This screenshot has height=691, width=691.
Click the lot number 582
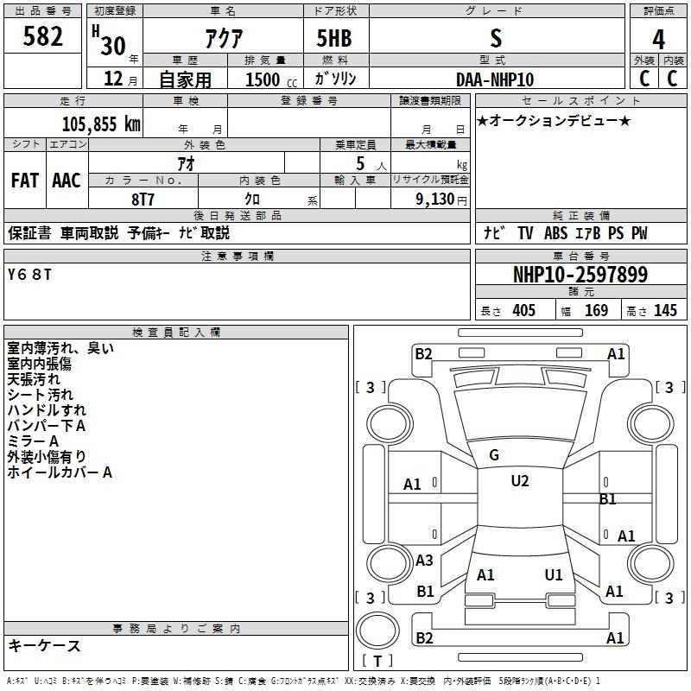pos(42,36)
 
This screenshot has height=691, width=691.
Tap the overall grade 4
pos(658,40)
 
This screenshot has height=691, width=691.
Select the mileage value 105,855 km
pos(101,124)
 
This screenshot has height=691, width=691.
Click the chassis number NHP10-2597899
pos(580,275)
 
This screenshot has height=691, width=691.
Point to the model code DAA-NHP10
pos(495,79)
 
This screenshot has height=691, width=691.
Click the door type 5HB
pos(334,38)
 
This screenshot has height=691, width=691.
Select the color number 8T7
pos(143,200)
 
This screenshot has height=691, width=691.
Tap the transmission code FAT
pos(25,181)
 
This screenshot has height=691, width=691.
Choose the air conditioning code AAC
pos(67,181)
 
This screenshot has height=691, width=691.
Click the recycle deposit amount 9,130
pos(435,200)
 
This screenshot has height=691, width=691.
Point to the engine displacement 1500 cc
pos(271,79)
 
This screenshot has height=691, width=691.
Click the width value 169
pos(596,310)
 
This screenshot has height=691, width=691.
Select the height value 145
pos(665,310)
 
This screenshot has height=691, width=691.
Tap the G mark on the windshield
pos(494,455)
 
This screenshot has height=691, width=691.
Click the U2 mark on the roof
pos(520,481)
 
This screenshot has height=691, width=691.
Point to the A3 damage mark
pos(424,560)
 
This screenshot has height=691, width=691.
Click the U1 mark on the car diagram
pos(554,574)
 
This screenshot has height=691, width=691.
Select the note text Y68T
pos(29,275)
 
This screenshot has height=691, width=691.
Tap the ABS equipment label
pos(555,233)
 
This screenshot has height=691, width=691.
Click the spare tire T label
pos(377,661)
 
